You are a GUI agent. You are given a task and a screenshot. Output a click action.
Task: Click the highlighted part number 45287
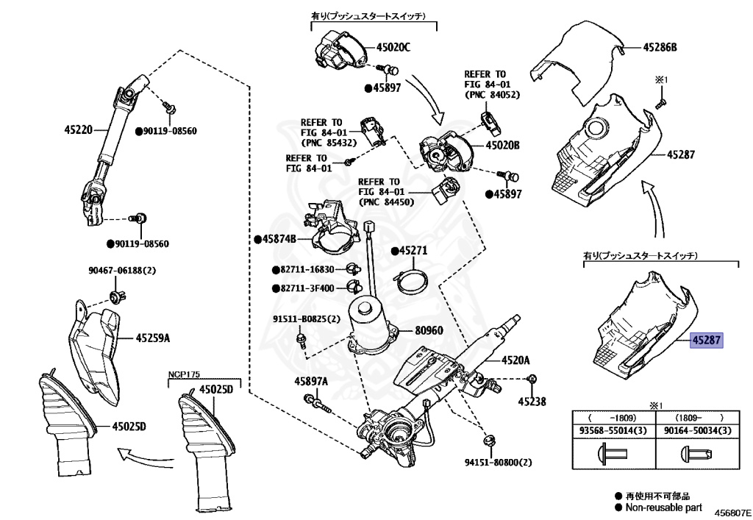pyautogui.click(x=707, y=340)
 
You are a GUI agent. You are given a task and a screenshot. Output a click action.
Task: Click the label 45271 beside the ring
pyautogui.click(x=413, y=252)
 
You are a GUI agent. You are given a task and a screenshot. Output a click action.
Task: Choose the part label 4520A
pyautogui.click(x=515, y=361)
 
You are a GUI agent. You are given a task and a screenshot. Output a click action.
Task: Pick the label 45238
pyautogui.click(x=532, y=402)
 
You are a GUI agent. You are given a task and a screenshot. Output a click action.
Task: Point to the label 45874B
pyautogui.click(x=278, y=239)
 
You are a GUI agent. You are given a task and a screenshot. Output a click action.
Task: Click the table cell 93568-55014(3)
pyautogui.click(x=614, y=430)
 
